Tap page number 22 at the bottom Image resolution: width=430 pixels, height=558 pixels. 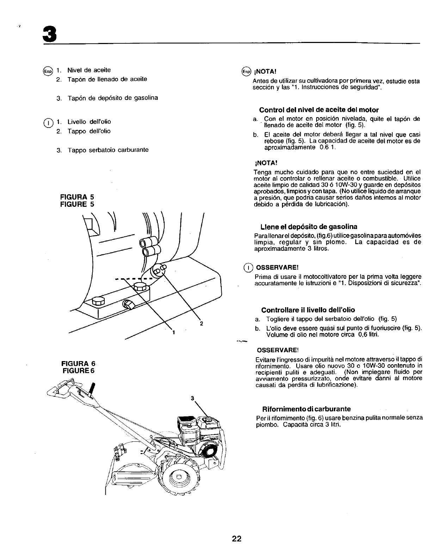point(236,538)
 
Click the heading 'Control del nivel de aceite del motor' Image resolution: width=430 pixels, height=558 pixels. point(319,110)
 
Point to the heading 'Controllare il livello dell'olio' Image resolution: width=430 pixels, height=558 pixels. point(308,310)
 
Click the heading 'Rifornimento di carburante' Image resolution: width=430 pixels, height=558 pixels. point(306,409)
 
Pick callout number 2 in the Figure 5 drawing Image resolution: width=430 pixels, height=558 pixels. point(201,323)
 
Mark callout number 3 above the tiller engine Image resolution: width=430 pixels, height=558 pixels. point(192,398)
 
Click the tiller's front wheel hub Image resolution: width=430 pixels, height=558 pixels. point(178,477)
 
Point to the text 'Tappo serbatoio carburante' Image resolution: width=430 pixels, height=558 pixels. point(108,150)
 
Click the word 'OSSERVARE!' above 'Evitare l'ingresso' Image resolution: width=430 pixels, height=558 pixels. point(277,350)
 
